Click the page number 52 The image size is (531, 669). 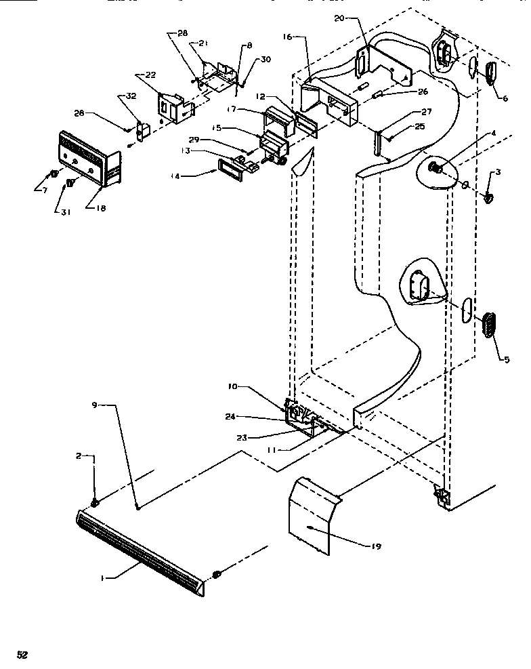coord(22,654)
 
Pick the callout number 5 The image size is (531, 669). coord(507,360)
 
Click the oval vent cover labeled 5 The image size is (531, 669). coord(490,325)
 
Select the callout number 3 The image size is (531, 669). coord(498,172)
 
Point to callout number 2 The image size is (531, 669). coord(79,456)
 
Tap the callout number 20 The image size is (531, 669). coord(339,18)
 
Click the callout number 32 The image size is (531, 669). coord(130,96)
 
